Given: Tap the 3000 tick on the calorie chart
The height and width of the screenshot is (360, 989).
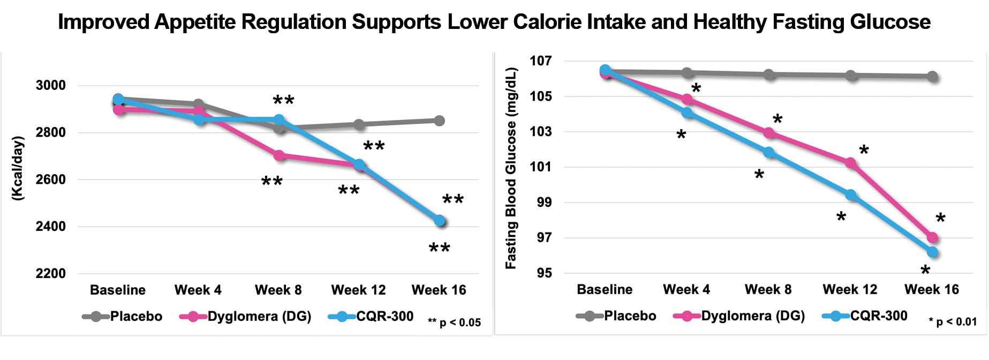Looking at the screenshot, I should (50, 86).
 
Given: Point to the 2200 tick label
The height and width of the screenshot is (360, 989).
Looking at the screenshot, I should (50, 274).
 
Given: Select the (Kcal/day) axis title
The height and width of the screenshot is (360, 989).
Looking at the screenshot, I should (18, 169).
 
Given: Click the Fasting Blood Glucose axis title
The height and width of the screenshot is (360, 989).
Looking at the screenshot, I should (511, 168).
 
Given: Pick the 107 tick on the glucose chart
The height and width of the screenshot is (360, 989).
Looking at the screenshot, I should (540, 61).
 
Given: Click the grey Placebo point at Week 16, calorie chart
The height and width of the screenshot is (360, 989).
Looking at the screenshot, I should (439, 121).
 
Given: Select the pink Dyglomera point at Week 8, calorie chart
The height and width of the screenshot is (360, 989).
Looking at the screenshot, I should (279, 155).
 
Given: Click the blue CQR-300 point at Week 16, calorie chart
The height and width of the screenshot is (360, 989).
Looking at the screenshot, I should (440, 221).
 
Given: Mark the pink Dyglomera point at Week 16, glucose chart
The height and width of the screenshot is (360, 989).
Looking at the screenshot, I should (932, 237).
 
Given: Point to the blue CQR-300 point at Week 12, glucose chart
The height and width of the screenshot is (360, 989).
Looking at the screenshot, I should (850, 195).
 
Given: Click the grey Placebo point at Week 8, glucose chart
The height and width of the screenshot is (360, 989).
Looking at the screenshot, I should (769, 74).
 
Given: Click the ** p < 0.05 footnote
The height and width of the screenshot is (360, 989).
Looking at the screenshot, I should (454, 322).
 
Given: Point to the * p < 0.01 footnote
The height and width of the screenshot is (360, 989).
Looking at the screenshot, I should (953, 321).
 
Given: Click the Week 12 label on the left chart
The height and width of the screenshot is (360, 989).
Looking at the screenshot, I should (358, 290).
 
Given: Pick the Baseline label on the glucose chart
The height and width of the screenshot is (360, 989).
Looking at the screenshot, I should (605, 290).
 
